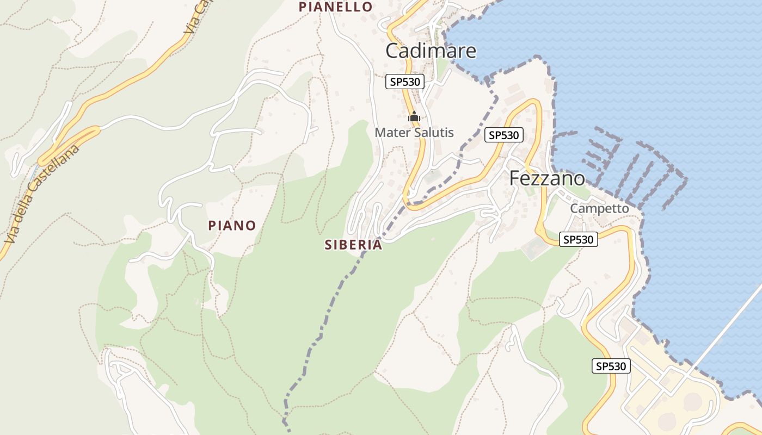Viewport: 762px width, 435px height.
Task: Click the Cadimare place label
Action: point(431,51)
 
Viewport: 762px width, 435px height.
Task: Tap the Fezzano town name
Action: point(547,178)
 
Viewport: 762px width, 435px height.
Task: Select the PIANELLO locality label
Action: point(336,7)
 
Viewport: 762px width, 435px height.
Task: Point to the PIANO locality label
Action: point(232,226)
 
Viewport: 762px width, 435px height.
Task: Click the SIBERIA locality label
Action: point(353,245)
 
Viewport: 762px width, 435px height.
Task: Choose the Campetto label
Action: point(599,209)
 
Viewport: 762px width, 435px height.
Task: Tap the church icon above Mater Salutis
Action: point(414,116)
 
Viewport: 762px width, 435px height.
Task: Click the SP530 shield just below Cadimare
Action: point(404,82)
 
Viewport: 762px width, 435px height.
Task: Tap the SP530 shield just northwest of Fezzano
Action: point(503,135)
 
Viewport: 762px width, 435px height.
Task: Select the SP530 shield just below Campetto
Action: point(578,239)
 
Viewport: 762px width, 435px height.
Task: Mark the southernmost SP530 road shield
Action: point(611,366)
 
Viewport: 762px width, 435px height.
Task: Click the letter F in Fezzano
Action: point(515,178)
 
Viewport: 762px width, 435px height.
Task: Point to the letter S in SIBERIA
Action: point(328,245)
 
